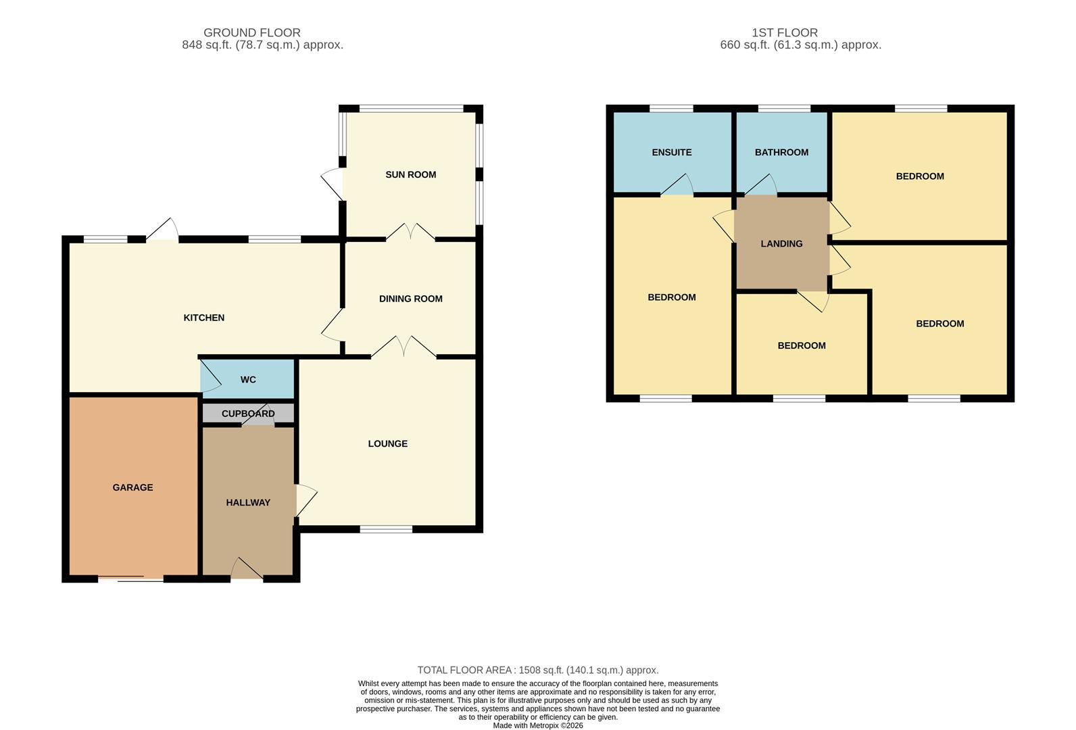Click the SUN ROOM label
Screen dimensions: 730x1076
(x=410, y=174)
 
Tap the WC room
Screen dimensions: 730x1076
(x=248, y=380)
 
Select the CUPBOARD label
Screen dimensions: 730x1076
(x=248, y=414)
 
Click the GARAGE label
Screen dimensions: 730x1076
(x=132, y=487)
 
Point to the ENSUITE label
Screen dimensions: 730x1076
(x=671, y=152)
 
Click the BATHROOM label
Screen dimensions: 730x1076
(x=781, y=152)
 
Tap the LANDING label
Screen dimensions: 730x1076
(x=781, y=243)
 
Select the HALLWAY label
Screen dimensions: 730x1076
(x=248, y=502)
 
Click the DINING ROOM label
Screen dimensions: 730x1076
(x=410, y=299)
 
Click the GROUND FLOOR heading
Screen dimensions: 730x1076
(x=251, y=32)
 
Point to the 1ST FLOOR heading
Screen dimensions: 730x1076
(x=784, y=32)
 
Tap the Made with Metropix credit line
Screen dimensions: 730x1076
(x=537, y=725)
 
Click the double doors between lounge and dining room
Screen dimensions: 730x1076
(x=403, y=348)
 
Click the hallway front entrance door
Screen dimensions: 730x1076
(x=247, y=570)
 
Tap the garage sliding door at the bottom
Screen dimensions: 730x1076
(x=131, y=578)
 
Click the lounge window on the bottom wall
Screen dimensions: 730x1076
(x=386, y=529)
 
